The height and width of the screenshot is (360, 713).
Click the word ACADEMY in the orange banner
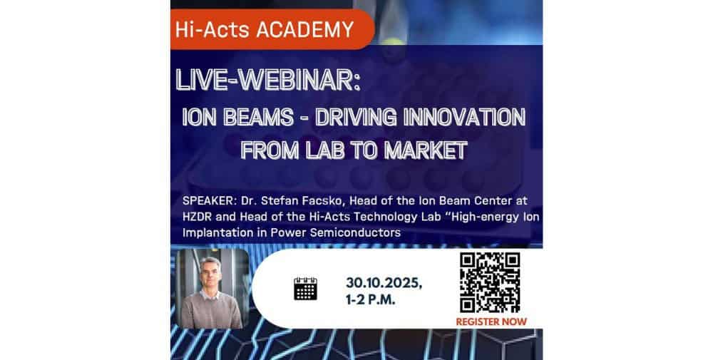(305, 30)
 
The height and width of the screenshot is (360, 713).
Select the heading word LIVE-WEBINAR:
(268, 81)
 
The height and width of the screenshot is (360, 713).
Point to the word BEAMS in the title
(258, 118)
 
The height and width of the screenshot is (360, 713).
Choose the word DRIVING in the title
(356, 118)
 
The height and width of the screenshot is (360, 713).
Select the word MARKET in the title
(426, 150)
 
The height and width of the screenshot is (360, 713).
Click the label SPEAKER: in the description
(209, 200)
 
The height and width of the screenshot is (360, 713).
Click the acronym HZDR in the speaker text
(198, 217)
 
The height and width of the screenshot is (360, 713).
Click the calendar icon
(306, 289)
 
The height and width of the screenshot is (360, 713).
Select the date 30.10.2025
(384, 283)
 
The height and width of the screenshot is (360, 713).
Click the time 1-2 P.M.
(371, 300)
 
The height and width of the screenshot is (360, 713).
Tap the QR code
(490, 283)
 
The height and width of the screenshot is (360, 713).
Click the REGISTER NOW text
(491, 322)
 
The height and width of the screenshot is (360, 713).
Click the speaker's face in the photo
(210, 274)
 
